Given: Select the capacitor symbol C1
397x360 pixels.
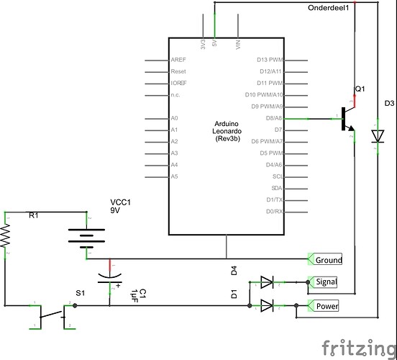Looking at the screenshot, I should click(109, 276).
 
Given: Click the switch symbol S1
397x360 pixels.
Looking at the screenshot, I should click(53, 313).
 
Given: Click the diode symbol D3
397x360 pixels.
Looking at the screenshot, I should click(376, 135).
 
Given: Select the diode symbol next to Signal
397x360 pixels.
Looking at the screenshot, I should click(267, 282).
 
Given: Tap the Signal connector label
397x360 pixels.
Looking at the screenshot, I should click(326, 282).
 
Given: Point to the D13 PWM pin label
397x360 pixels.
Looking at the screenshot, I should click(270, 60).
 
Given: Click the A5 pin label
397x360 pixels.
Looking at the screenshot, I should click(175, 176).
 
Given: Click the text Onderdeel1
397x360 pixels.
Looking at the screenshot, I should click(327, 8).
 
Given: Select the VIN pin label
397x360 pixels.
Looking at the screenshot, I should click(238, 45).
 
